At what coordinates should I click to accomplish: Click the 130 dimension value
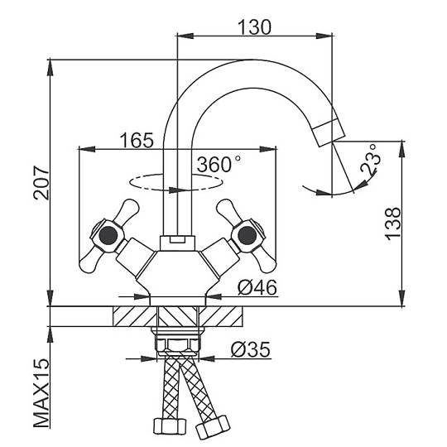pos(255,27)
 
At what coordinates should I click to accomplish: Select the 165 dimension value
pos(137,140)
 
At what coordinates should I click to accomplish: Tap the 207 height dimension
pos(41,182)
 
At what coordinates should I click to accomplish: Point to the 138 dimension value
pos(392,223)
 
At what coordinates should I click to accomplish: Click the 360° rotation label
pos(219,165)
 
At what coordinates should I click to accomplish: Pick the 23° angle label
pos(371,160)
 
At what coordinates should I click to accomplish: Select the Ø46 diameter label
pos(257,287)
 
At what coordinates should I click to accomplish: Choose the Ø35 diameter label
pos(251,349)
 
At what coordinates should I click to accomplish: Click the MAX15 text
pos(41,393)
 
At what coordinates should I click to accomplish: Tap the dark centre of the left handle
pos(108,235)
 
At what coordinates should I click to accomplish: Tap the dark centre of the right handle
pos(247,235)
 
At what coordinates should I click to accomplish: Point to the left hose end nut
pos(170,426)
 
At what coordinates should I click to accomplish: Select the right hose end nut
pos(213,427)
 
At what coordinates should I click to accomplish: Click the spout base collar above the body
pos(177,243)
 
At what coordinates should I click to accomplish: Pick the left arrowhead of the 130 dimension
pos(185,36)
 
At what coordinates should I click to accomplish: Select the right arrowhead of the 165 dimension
pos(267,149)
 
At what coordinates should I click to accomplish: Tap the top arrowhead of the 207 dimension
pos(50,68)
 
